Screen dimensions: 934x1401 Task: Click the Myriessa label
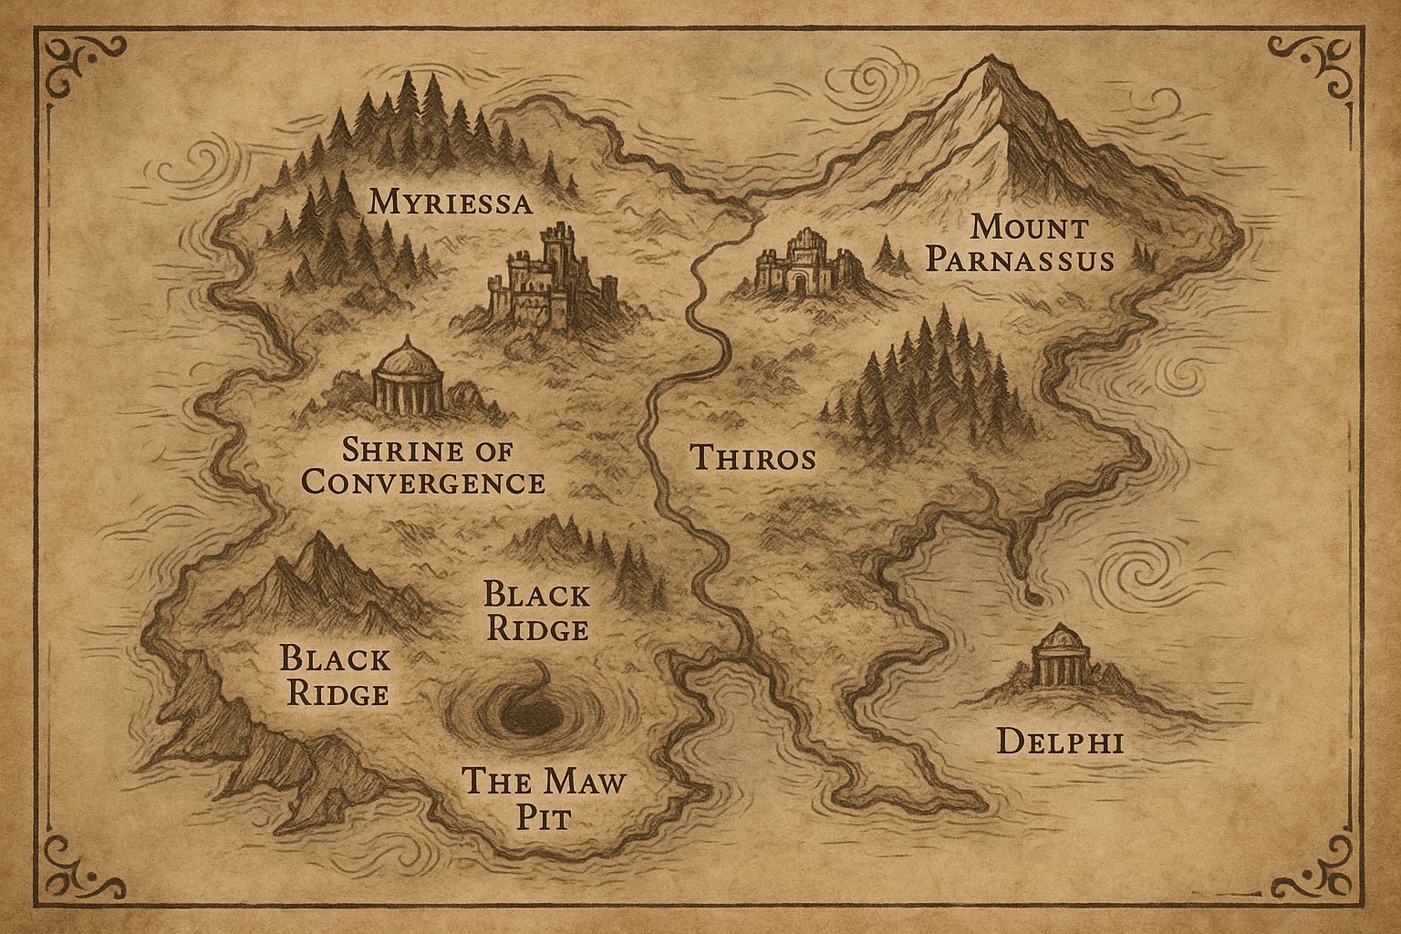(x=450, y=202)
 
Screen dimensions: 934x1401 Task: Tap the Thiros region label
(x=752, y=457)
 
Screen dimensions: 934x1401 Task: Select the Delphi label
(x=1059, y=741)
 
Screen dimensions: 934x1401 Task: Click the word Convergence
(x=423, y=481)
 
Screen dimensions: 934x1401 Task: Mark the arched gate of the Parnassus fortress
(x=800, y=282)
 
